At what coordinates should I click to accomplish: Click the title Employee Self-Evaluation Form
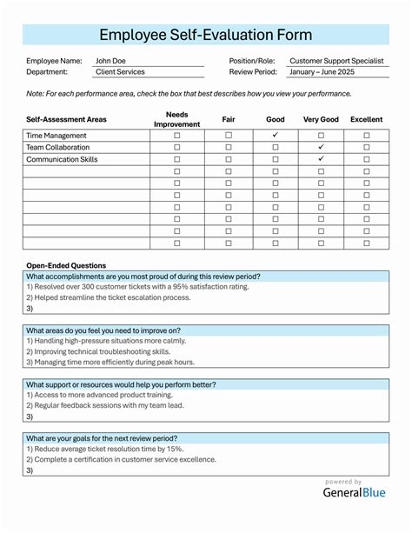pos(205,35)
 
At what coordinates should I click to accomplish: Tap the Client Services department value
pos(120,72)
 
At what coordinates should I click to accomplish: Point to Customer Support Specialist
pos(336,61)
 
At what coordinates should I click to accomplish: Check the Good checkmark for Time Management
pos(275,136)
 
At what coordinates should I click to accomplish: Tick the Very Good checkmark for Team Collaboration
pos(321,148)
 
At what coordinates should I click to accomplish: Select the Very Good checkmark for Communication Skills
pos(321,159)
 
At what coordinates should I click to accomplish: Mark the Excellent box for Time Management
pos(366,136)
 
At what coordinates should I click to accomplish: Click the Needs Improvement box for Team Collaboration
pos(177,148)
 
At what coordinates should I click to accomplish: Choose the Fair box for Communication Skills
pos(229,160)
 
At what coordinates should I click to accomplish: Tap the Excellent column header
pos(366,119)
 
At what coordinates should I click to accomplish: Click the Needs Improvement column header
pos(176,119)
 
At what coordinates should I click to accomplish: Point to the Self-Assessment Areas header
pos(66,119)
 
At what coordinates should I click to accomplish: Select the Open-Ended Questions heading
pos(66,265)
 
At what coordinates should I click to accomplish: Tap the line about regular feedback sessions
pos(104,405)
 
